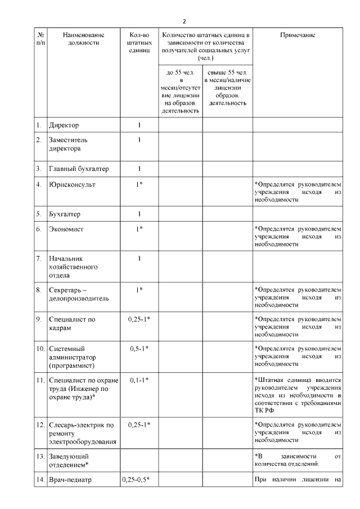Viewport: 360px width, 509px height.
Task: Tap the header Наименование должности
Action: [82, 38]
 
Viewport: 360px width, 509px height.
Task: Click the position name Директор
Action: [64, 124]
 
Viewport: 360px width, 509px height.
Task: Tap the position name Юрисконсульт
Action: [73, 184]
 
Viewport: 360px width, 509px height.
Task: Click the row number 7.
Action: [39, 259]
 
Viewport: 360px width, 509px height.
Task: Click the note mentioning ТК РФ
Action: [297, 395]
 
